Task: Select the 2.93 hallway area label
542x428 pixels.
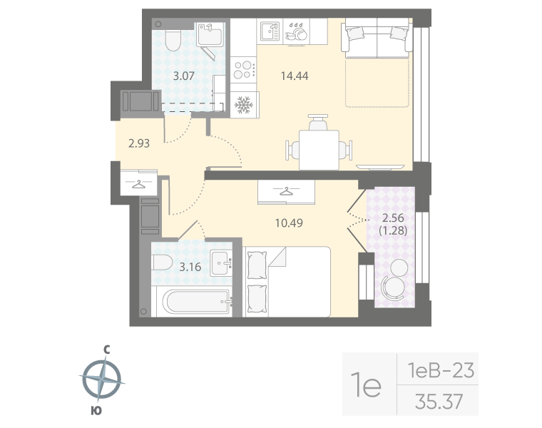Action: tap(140, 143)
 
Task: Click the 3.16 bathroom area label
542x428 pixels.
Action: tap(190, 267)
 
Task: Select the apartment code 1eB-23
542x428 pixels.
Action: tap(440, 371)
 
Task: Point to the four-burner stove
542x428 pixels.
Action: tap(244, 71)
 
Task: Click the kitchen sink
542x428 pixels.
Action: tap(270, 31)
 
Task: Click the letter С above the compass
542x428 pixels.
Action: tap(106, 350)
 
